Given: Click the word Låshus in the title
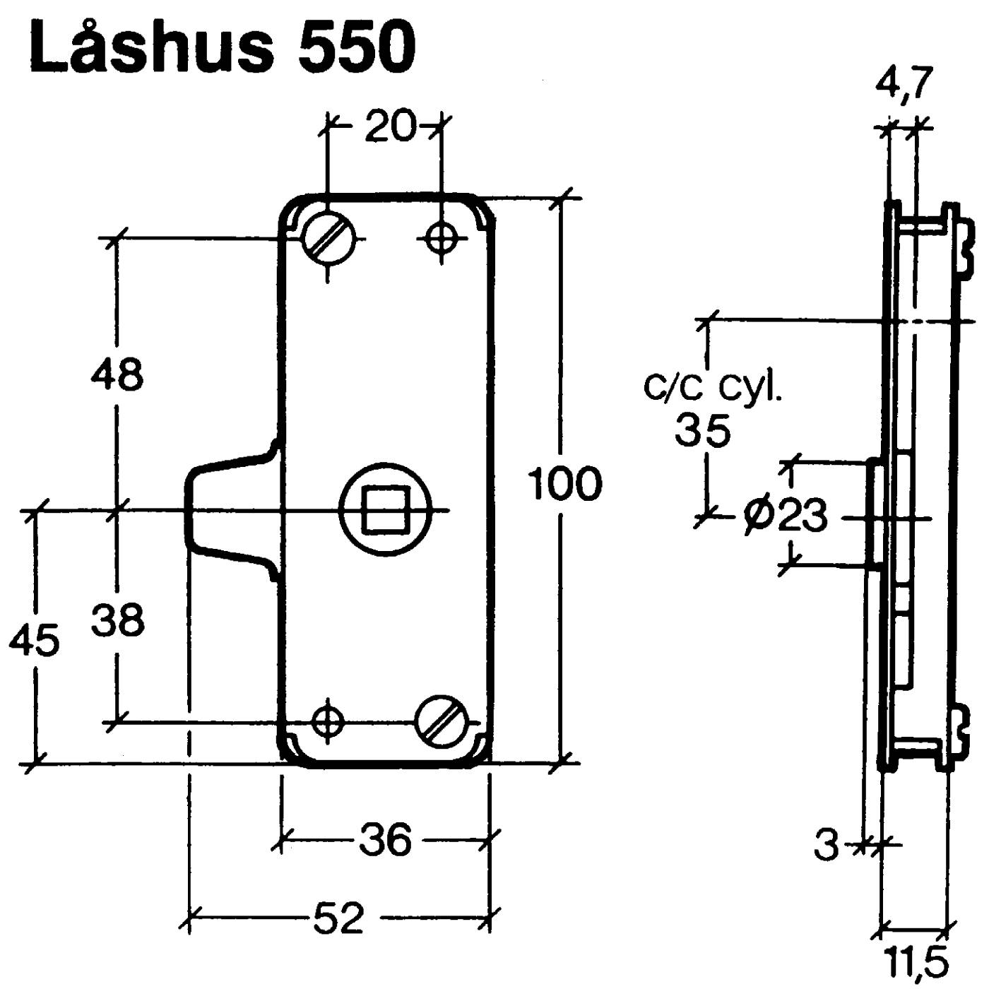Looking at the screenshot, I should click(x=151, y=48).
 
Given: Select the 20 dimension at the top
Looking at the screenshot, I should click(x=391, y=127).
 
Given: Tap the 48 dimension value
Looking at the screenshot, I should click(x=117, y=374).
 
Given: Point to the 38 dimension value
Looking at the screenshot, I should click(x=118, y=620).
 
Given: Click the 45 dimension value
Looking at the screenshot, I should click(x=34, y=641).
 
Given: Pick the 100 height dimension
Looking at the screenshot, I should click(x=565, y=484).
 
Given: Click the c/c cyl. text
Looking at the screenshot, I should click(x=713, y=386).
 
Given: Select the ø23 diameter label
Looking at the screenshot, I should click(x=785, y=516).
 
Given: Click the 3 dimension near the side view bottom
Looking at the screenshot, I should click(x=825, y=845).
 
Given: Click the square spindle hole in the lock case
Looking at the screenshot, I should click(x=384, y=509).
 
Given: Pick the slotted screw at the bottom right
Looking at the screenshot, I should click(x=441, y=721).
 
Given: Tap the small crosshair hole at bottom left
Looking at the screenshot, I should click(x=327, y=722).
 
